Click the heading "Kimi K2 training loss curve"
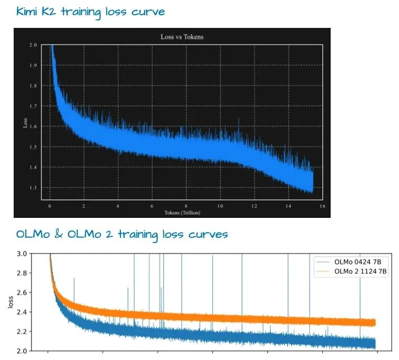(90, 11)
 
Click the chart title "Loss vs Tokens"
(181, 37)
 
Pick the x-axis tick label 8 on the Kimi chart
(186, 206)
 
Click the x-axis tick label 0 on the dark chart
(49, 206)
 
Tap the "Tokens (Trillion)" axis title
(181, 213)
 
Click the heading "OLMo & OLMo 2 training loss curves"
(121, 234)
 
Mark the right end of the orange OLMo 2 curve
(375, 323)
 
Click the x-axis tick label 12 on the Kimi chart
(255, 206)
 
